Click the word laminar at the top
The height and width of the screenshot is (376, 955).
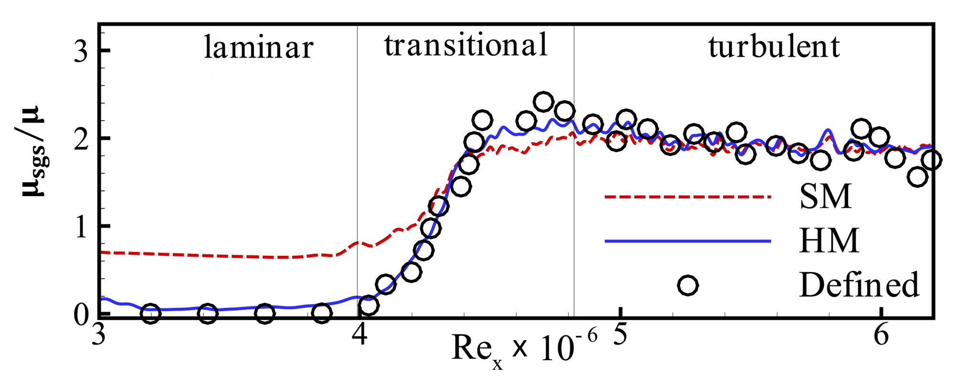[x=258, y=48]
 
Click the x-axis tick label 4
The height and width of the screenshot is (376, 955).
[x=359, y=334]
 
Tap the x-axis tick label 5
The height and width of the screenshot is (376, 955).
[x=620, y=334]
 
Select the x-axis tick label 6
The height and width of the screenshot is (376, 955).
[x=881, y=334]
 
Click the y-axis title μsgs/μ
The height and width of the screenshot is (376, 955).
[x=33, y=152]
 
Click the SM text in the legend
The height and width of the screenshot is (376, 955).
[x=826, y=197]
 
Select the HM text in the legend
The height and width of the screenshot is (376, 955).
[x=829, y=240]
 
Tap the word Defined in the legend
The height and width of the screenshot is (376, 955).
[x=859, y=285]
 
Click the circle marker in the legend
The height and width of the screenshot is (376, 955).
[x=688, y=285]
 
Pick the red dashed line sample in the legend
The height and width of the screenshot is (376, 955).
[x=688, y=196]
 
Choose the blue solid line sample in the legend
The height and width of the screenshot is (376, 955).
[x=688, y=241]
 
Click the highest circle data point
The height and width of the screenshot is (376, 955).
[x=543, y=101]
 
